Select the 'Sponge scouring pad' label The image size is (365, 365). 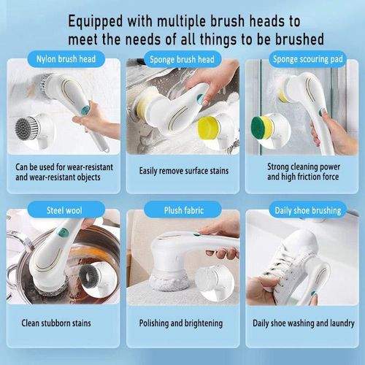point(302,58)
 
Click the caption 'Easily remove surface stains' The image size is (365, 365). point(183,171)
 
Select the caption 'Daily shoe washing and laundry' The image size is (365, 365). point(302,322)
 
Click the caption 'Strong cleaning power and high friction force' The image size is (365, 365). point(302,171)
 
